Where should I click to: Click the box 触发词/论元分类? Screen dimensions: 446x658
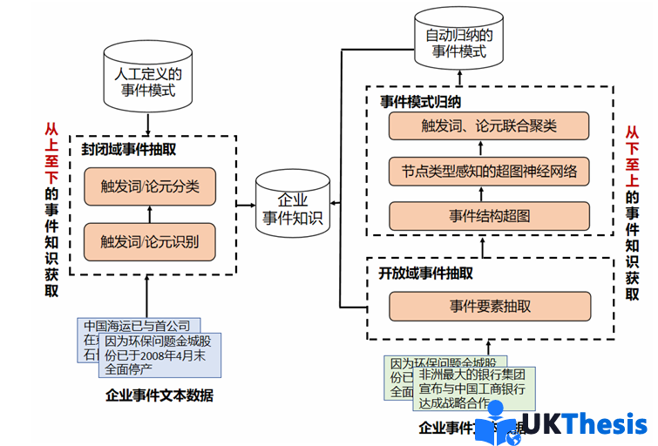150,186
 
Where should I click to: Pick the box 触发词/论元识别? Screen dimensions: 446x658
150,241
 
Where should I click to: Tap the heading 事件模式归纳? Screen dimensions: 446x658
420,101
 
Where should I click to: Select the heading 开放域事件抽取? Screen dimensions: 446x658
426,274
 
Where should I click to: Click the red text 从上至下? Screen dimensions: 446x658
51,152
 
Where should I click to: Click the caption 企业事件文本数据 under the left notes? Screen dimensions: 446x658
159,395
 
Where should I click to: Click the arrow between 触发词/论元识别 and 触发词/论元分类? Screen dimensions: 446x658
150,213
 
